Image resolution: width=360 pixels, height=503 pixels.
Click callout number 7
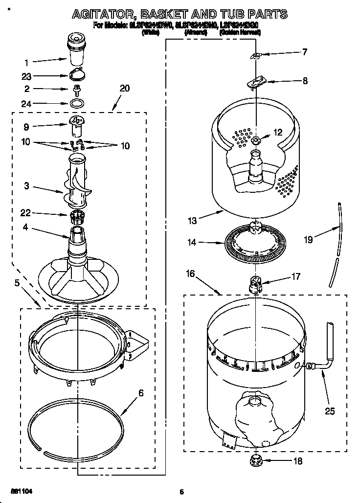[305, 52]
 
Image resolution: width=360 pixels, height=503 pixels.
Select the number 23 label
[26, 76]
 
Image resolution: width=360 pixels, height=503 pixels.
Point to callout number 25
[330, 411]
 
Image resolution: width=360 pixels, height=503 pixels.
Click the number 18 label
[296, 460]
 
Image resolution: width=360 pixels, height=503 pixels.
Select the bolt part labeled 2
[76, 89]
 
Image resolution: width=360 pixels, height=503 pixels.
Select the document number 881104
[22, 491]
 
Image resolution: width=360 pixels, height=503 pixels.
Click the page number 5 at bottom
[181, 492]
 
